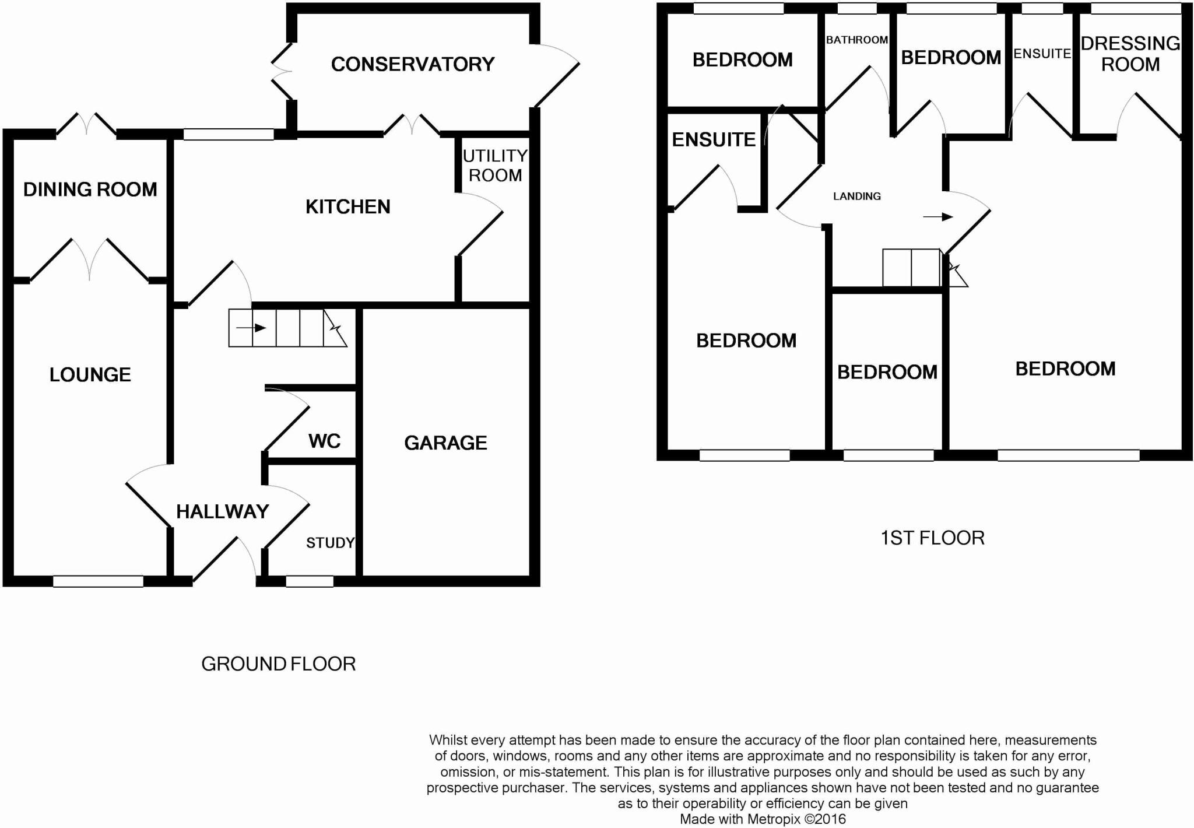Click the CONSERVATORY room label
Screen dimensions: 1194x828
413,64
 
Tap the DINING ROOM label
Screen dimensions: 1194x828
90,190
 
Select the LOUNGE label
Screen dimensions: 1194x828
90,374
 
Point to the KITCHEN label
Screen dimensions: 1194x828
348,206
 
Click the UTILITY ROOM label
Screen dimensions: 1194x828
495,166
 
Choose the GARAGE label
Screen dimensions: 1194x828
445,443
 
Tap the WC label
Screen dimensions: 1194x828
325,441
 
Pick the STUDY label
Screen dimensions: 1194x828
331,543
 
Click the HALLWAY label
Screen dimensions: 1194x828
223,511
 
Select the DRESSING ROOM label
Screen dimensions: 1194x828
1130,54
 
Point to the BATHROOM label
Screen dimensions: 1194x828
857,40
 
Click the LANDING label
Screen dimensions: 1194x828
857,196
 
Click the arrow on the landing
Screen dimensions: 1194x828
938,217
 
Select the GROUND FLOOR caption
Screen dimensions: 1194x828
279,664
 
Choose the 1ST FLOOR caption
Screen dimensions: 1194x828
933,538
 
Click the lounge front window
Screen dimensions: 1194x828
98,581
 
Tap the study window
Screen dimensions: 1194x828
310,581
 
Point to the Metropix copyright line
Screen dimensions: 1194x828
763,819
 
